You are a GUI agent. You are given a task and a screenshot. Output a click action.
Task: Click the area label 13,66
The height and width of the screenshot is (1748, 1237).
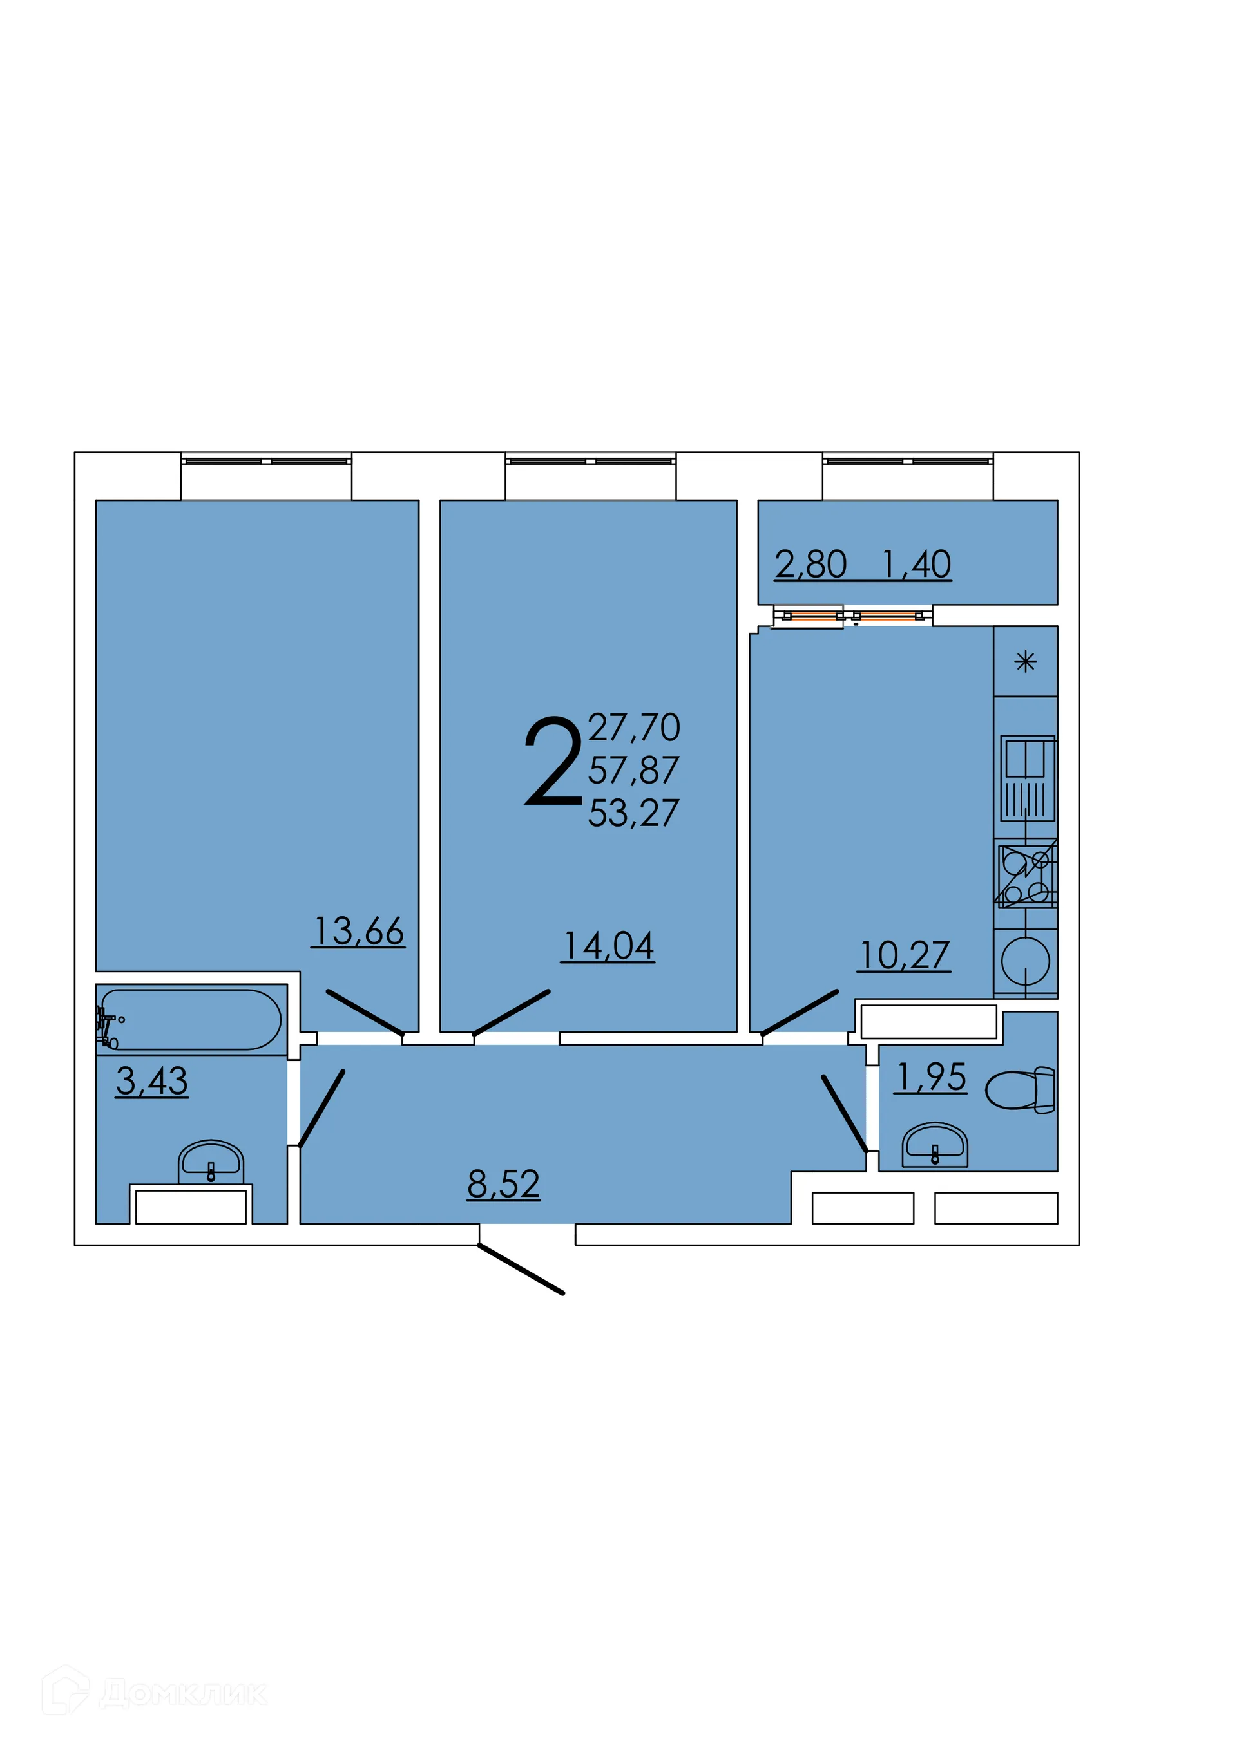pyautogui.click(x=358, y=931)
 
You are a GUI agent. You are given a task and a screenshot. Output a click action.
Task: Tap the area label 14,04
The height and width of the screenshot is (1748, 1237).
pyautogui.click(x=608, y=946)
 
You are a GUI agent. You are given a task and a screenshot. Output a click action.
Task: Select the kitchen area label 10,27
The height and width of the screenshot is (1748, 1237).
pyautogui.click(x=904, y=955)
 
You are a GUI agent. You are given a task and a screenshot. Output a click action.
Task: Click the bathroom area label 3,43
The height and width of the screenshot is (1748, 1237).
pyautogui.click(x=151, y=1080)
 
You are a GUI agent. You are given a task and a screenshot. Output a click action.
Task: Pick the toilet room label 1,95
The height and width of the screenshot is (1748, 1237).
pyautogui.click(x=931, y=1077)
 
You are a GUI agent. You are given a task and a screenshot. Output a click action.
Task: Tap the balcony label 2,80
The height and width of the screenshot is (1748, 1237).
pyautogui.click(x=810, y=565)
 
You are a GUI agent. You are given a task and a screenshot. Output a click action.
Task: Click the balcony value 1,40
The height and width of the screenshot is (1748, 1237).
pyautogui.click(x=916, y=565)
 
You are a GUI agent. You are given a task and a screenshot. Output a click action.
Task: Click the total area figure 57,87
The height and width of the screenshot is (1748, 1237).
pyautogui.click(x=633, y=771)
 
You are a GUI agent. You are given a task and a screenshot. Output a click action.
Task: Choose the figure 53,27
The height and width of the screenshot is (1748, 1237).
pyautogui.click(x=633, y=813)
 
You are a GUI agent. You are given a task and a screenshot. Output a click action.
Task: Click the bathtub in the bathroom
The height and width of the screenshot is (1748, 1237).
pyautogui.click(x=191, y=1019)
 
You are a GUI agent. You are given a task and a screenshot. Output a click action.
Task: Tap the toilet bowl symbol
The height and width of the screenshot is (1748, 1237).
pyautogui.click(x=1019, y=1090)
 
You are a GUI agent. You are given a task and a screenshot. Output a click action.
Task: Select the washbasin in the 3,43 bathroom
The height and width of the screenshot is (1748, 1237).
pyautogui.click(x=211, y=1163)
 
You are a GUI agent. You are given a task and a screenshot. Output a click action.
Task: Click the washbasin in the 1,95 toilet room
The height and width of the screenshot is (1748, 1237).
pyautogui.click(x=935, y=1146)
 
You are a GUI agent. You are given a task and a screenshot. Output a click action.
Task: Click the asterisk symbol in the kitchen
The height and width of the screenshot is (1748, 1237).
pyautogui.click(x=1025, y=662)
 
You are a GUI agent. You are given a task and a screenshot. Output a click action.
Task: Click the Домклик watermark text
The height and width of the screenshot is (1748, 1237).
pyautogui.click(x=183, y=1693)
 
